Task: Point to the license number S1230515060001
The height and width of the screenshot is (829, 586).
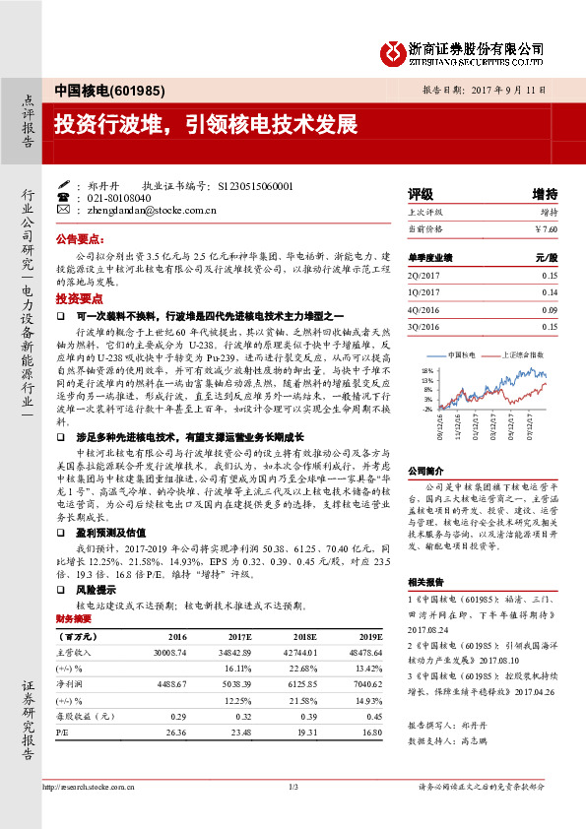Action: click(x=253, y=185)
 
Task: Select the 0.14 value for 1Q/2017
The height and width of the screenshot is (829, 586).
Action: click(x=549, y=292)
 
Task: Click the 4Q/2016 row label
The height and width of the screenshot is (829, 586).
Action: click(x=424, y=309)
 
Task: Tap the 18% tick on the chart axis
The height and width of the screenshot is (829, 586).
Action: click(x=426, y=371)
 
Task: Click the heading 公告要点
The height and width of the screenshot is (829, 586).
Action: click(x=80, y=238)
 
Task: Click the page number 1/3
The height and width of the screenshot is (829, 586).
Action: click(x=293, y=814)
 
